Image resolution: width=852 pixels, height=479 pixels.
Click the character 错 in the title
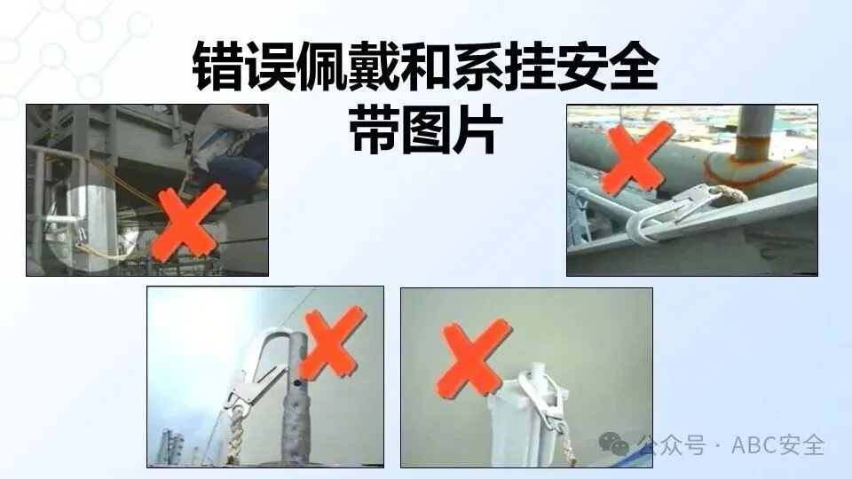[x=217, y=67]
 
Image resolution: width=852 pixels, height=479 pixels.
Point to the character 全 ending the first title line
[x=634, y=67]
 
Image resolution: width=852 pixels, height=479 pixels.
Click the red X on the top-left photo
[x=187, y=221]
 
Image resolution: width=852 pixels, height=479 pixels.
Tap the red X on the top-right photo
[x=639, y=157]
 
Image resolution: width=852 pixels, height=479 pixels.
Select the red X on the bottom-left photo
[x=330, y=342]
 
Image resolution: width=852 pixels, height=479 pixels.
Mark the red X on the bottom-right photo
[x=473, y=357]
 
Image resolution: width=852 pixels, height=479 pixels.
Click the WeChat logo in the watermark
[x=614, y=444]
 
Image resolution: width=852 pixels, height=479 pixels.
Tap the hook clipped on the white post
[x=544, y=401]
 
